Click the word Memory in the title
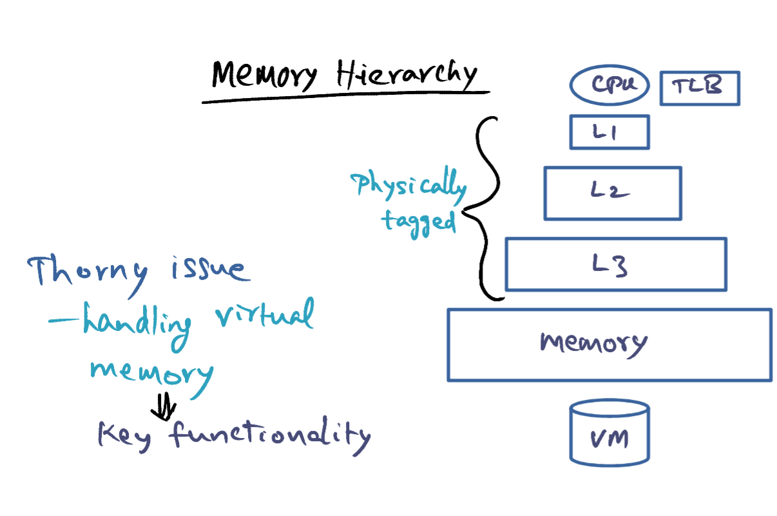pos(264,75)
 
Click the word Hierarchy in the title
pos(407,74)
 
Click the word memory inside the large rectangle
pos(593,344)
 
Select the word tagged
pos(418,223)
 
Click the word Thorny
pos(88,274)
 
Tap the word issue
pos(211,269)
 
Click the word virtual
pos(265,313)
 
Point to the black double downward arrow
pos(164,406)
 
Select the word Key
pos(124,437)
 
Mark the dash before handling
pos(64,320)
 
